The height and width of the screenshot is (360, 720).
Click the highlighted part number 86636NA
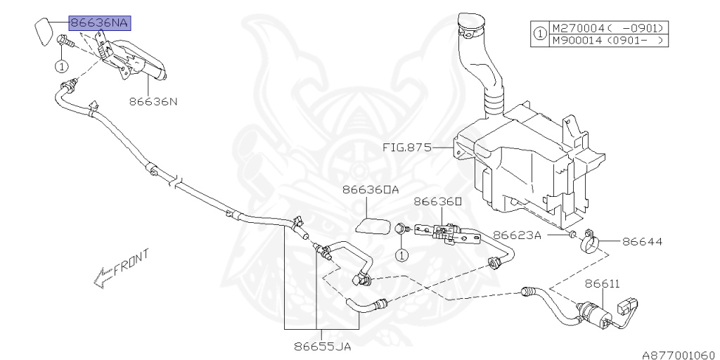[x=99, y=22]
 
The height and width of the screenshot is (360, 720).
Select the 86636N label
[x=153, y=101]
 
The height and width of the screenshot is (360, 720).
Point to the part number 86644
[x=642, y=241]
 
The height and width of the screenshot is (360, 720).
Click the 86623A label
[x=517, y=235]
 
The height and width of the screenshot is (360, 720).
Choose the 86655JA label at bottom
[x=323, y=346]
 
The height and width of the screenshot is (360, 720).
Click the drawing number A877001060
[x=678, y=354]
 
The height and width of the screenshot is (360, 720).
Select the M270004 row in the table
[x=608, y=28]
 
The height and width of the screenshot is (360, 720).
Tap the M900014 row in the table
[x=608, y=40]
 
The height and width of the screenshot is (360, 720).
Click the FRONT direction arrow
[x=120, y=269]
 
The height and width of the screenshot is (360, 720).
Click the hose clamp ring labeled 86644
[x=590, y=242]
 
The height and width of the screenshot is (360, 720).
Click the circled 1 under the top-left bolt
[x=62, y=67]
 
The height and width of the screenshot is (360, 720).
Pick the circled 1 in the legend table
[x=539, y=34]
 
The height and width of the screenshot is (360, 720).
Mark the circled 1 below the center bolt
[x=400, y=254]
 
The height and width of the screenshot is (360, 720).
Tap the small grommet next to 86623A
[x=572, y=233]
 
